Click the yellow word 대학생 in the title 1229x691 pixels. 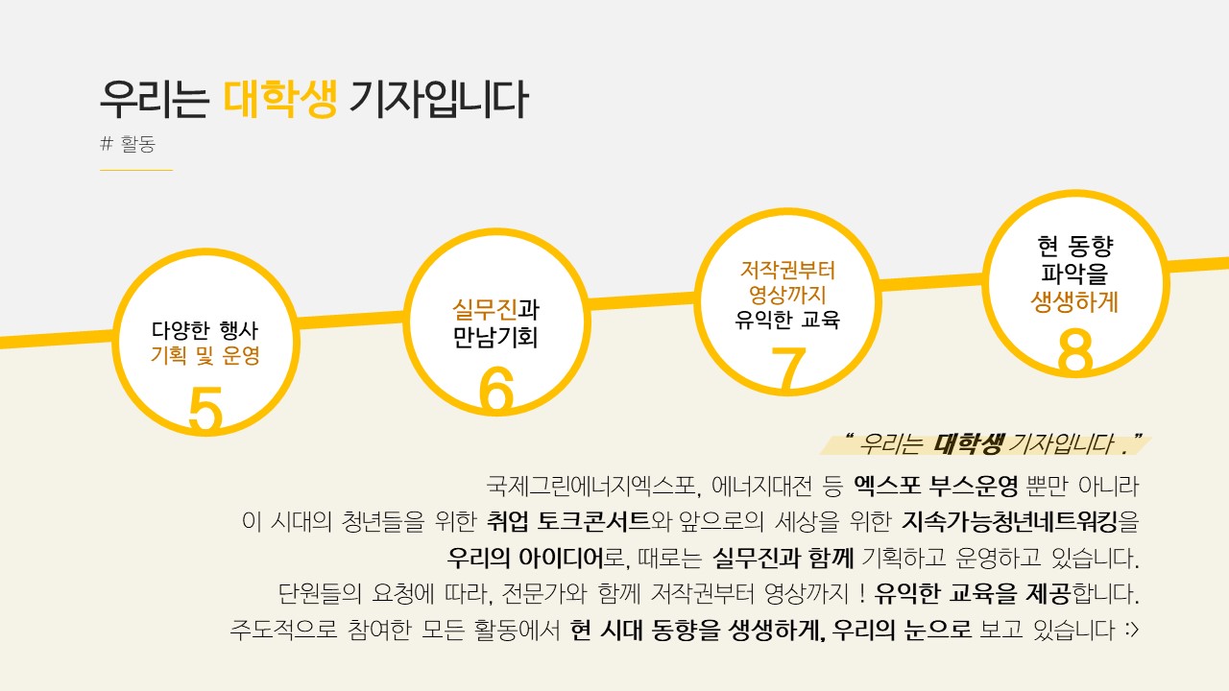click(280, 99)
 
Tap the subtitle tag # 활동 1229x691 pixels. click(128, 145)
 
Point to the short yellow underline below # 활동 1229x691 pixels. click(136, 170)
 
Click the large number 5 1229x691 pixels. click(205, 411)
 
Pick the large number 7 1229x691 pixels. click(787, 369)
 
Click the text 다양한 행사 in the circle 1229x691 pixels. click(205, 330)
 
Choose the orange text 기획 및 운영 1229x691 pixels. click(205, 356)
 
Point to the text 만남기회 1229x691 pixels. click(495, 337)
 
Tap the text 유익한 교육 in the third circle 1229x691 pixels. click(787, 320)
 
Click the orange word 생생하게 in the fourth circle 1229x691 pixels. click(1074, 301)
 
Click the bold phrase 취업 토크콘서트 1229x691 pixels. click(568, 522)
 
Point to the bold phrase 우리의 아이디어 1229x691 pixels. click(524, 558)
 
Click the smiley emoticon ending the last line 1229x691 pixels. click(1130, 631)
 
